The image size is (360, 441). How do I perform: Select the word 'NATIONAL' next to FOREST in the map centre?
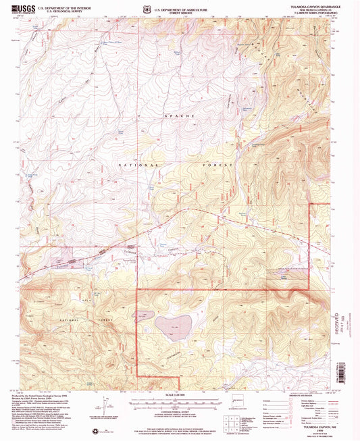[139, 165]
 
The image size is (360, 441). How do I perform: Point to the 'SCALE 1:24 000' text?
[179, 395]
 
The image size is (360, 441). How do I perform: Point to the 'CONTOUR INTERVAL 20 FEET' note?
[179, 409]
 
